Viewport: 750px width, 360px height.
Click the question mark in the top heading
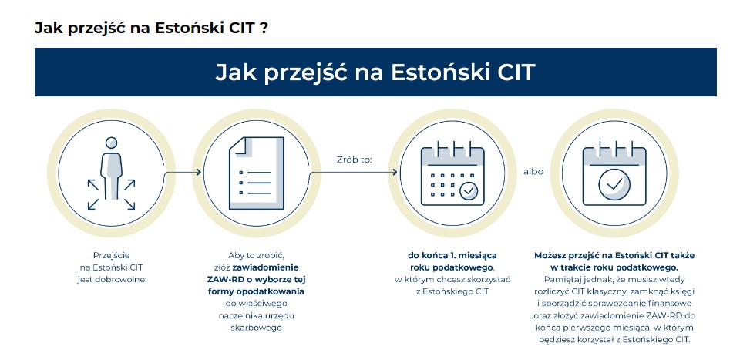tap(264, 28)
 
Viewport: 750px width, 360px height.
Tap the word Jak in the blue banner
tap(233, 72)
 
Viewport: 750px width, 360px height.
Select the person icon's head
tap(112, 143)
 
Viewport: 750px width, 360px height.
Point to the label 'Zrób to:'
tap(354, 160)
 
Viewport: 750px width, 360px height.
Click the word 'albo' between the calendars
tap(533, 171)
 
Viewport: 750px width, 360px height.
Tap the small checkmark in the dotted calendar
tap(469, 190)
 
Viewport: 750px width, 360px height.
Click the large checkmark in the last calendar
tap(614, 183)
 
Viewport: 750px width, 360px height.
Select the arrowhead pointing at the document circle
tap(198, 172)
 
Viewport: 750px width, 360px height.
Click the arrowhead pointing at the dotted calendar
tap(394, 172)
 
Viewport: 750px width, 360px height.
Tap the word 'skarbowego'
tap(256, 328)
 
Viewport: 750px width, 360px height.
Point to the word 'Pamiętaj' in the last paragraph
tap(560, 279)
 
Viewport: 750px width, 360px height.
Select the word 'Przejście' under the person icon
tap(111, 255)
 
